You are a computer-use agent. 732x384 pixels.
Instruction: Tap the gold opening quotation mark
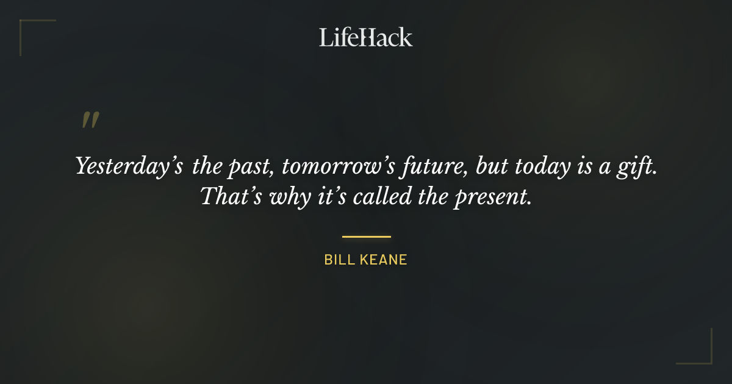point(90,120)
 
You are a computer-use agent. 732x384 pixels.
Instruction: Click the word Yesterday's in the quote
point(129,166)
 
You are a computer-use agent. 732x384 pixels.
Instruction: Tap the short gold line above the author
point(366,236)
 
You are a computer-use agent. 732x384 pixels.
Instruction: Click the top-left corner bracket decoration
point(27,27)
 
